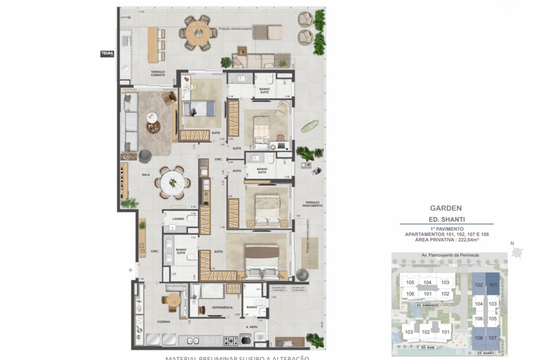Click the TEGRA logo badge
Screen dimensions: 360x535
tap(107, 53)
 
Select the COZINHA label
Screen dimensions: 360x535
tap(164, 322)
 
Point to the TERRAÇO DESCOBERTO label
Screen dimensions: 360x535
tap(312, 205)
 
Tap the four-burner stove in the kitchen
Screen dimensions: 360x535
tap(233, 341)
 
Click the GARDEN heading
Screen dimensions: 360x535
tap(446, 209)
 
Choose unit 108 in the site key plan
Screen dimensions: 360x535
tap(478, 338)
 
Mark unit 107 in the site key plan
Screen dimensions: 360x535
tap(492, 338)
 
